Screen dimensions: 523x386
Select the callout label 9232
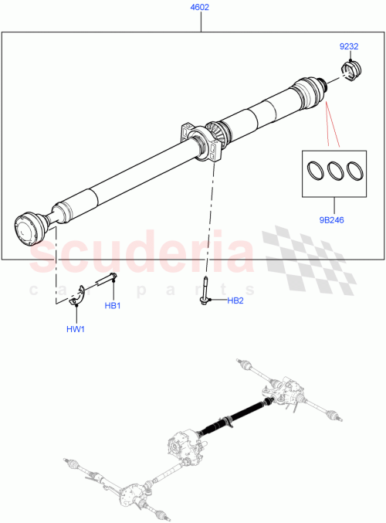349,46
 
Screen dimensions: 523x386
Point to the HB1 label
113,307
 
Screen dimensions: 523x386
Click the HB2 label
235,301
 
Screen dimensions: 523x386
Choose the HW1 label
76,330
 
